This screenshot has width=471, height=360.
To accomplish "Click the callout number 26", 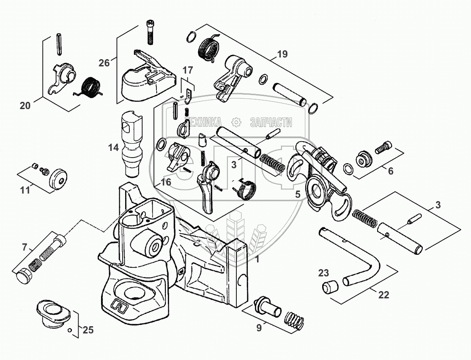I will [104, 63].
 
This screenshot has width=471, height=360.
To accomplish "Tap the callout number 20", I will [25, 106].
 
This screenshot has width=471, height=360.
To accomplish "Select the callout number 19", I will [282, 54].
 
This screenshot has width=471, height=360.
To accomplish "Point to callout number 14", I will [113, 147].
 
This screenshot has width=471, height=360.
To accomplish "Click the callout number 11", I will [25, 190].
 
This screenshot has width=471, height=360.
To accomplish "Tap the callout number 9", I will [259, 327].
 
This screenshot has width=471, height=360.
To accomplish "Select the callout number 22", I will [383, 295].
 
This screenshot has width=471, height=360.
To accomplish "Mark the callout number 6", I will [390, 171].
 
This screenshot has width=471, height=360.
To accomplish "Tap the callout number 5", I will [297, 194].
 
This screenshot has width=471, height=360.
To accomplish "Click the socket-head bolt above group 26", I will [150, 32].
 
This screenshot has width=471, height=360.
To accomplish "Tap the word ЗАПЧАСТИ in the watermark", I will [271, 122].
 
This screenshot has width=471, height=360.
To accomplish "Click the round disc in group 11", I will [59, 179].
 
